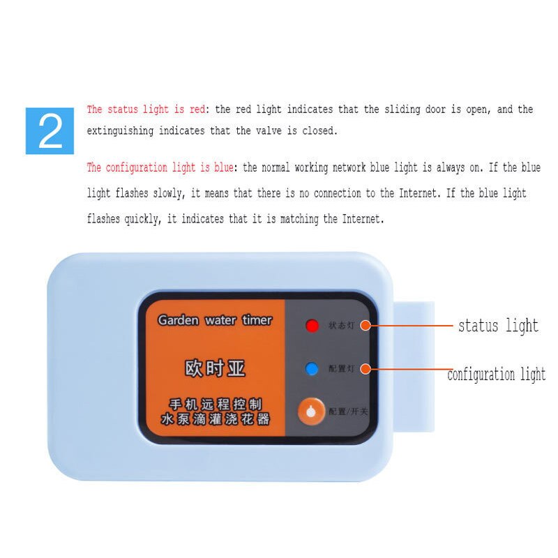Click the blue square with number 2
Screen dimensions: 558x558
coord(50,130)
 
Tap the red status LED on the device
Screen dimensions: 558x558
coord(312,325)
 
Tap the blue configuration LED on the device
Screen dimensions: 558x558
coord(312,368)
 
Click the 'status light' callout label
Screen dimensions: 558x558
coord(498,326)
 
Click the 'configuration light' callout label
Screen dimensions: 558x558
coord(496,375)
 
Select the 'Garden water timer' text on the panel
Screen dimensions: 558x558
coord(215,320)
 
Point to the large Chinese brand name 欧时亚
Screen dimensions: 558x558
coord(215,368)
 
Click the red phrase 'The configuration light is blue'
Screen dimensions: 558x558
coord(160,168)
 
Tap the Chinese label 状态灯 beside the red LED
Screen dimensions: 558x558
coord(341,325)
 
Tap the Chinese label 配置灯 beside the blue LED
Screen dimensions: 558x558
coord(341,368)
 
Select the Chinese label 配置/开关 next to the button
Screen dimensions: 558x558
coord(348,412)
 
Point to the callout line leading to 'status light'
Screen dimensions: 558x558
coord(412,326)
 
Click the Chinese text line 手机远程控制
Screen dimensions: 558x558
coord(215,405)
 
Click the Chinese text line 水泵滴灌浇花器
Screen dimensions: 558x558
coord(215,420)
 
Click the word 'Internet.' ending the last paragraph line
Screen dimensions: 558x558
coord(362,219)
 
